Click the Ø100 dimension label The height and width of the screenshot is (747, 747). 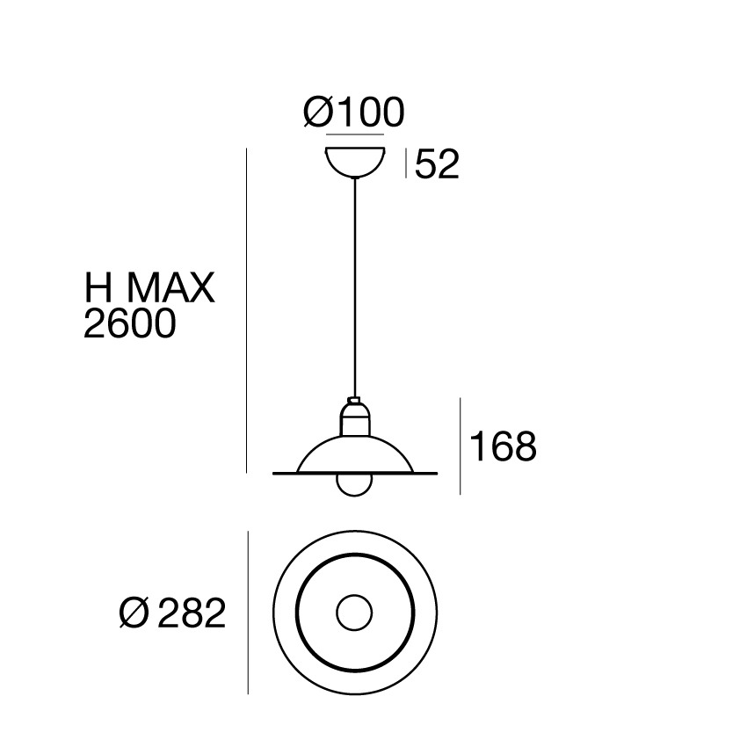(354, 112)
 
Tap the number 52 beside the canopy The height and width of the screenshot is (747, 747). (437, 164)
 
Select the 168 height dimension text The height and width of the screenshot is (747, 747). (503, 446)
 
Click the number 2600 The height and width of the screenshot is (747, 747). (130, 324)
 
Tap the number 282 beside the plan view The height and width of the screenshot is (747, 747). (191, 613)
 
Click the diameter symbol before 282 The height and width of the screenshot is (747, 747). (134, 613)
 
